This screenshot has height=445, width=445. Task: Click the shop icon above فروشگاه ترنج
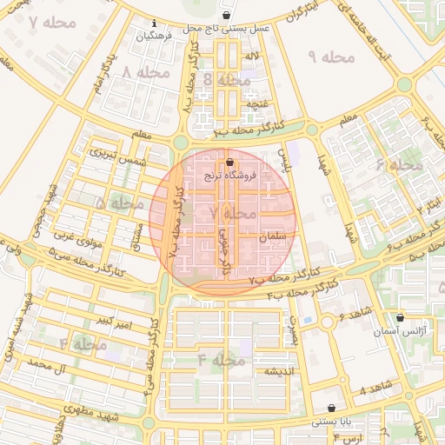[x=229, y=162]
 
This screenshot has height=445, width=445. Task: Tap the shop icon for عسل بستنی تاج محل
[x=226, y=16]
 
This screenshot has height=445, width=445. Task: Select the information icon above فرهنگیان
[x=154, y=23]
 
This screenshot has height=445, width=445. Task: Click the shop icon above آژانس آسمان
[x=399, y=318]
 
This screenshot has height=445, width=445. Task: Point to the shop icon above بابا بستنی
[x=331, y=408]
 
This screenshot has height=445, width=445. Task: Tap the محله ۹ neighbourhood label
[x=332, y=57]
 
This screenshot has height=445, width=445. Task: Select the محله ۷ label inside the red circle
[x=233, y=212]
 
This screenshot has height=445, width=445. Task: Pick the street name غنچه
[x=257, y=103]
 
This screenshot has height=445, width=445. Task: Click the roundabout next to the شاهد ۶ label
[x=327, y=322]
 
